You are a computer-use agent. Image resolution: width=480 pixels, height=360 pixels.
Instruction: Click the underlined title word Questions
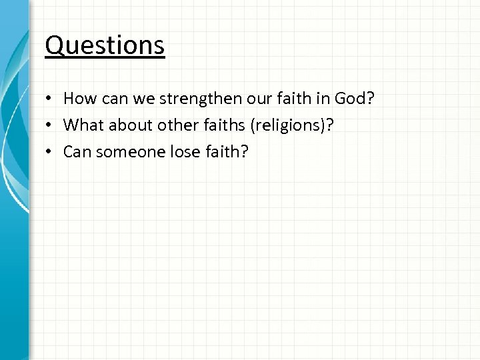pos(105,45)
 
